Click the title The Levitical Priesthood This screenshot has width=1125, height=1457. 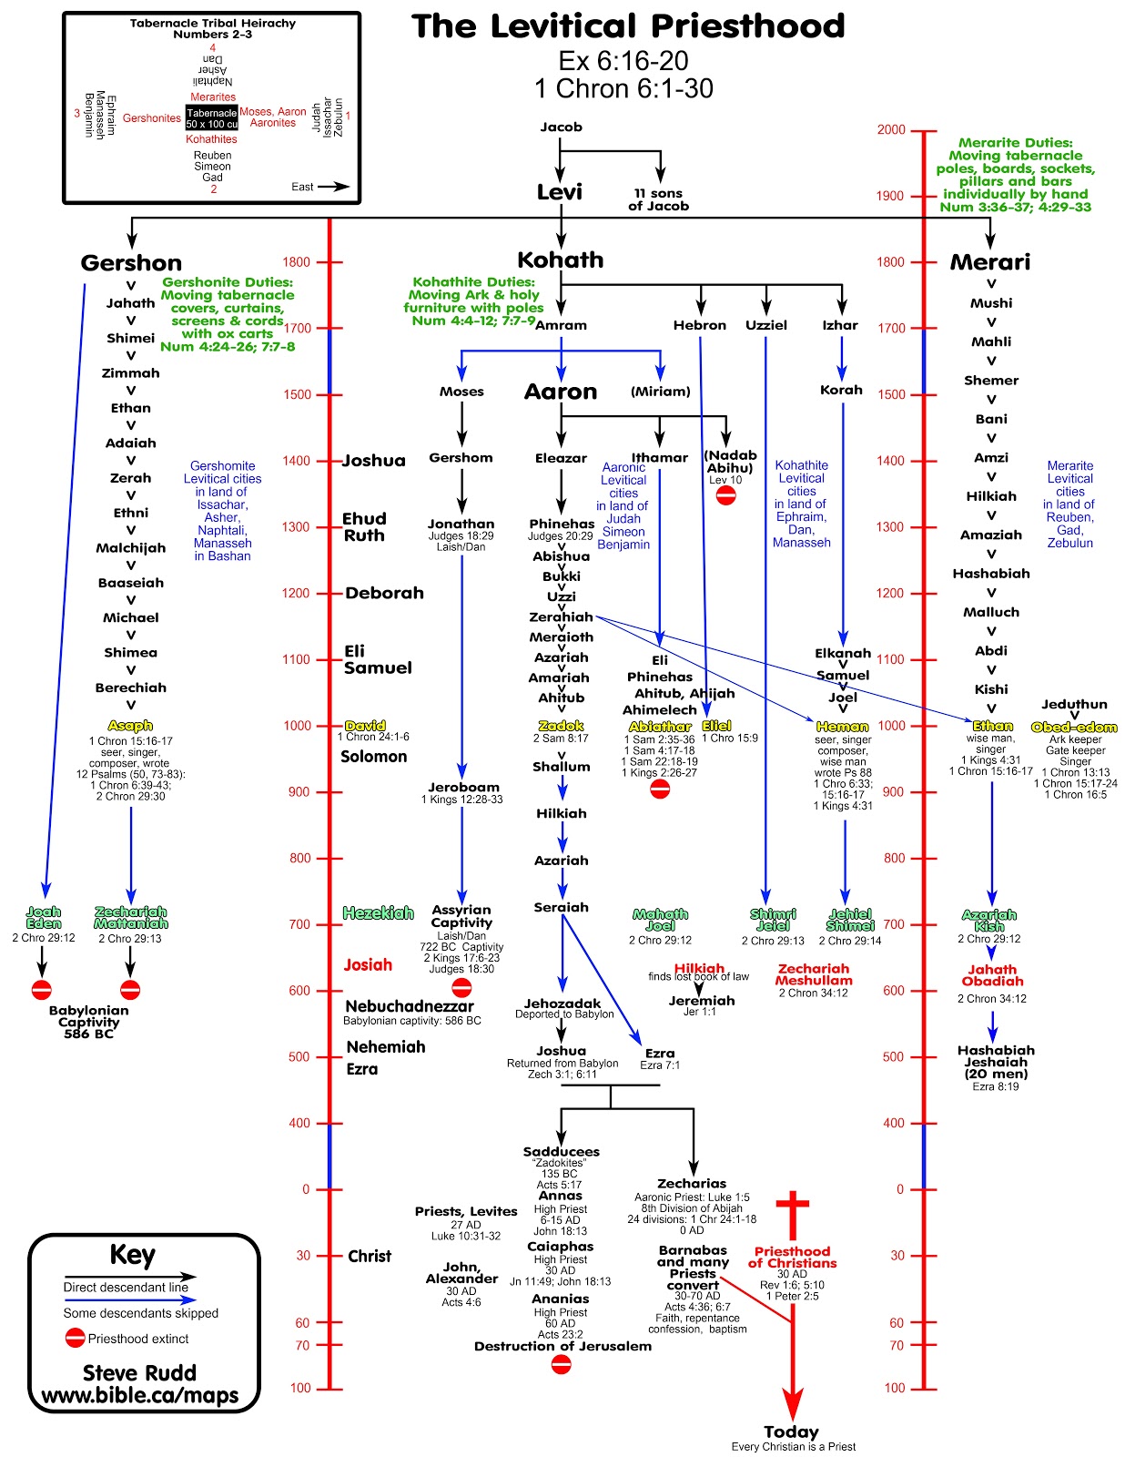coord(628,26)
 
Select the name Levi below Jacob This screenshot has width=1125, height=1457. coord(560,192)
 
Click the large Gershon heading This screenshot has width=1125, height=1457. coord(131,263)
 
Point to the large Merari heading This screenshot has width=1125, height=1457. coord(990,262)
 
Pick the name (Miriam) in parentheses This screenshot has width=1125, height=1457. coord(660,392)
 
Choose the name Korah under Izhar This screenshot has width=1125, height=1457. coord(841,390)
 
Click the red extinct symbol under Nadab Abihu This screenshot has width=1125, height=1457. coord(725,495)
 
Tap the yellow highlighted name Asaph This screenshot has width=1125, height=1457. coord(130,726)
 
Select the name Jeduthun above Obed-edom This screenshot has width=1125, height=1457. coord(1074,704)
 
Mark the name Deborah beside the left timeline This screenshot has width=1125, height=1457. coord(384,593)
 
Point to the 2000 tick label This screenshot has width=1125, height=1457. coord(891,129)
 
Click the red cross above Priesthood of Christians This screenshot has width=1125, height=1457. coord(792,1215)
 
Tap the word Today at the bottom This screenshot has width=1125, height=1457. coord(791,1432)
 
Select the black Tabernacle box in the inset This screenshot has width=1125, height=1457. coord(212,118)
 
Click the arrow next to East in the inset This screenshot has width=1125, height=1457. coord(334,187)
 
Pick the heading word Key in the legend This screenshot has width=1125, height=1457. coord(132,1255)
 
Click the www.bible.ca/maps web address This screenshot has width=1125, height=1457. coord(140,1395)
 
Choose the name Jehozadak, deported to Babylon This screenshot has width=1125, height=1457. coord(562,1004)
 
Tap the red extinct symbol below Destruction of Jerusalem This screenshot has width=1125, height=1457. coord(562,1364)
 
